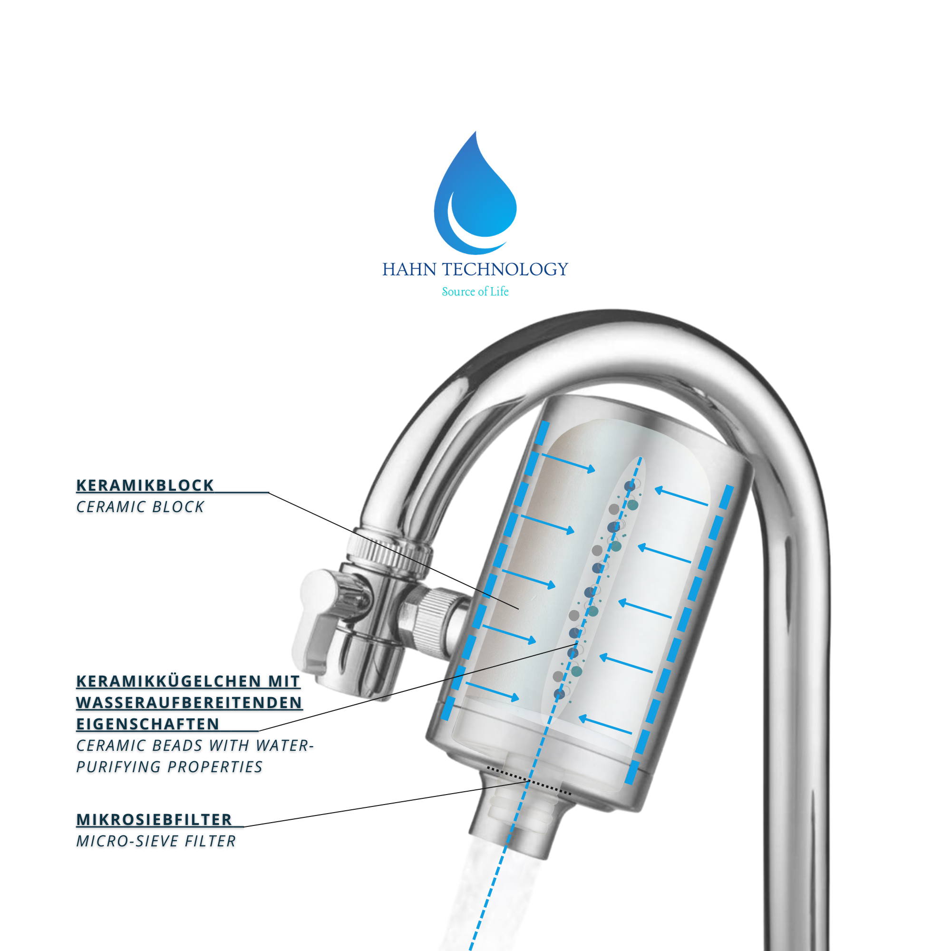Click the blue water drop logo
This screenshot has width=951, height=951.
click(x=475, y=197)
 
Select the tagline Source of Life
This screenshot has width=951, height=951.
click(x=475, y=291)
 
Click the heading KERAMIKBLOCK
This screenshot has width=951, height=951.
click(x=145, y=485)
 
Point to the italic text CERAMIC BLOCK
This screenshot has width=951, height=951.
click(x=140, y=507)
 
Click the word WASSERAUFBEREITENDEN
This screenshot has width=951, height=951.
click(x=189, y=702)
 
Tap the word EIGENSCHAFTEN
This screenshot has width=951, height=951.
click(x=148, y=724)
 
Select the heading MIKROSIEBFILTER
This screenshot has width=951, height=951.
click(x=154, y=820)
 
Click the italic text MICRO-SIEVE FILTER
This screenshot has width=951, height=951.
click(x=156, y=841)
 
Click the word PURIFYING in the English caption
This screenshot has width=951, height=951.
click(x=118, y=767)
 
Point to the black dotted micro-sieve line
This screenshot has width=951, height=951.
click(x=529, y=780)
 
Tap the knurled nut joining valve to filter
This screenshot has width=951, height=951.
click(x=433, y=620)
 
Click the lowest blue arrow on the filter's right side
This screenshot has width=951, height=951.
click(x=605, y=726)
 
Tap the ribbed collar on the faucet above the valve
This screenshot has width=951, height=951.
click(x=389, y=551)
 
